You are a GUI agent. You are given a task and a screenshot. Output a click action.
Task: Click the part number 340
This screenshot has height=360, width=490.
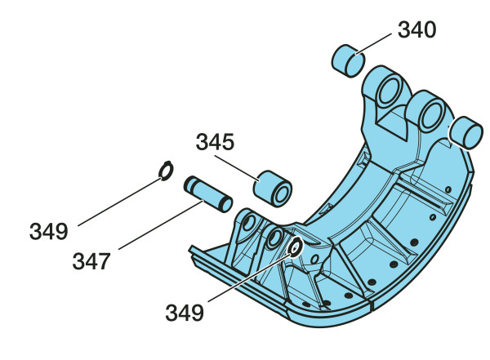coord(416,29)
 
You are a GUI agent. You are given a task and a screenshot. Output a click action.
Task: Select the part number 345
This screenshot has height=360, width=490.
coord(215,141)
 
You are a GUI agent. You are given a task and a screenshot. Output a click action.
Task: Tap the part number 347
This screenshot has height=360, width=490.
coord(91,261)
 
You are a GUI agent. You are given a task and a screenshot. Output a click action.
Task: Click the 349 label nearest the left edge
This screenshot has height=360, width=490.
coord(48,231)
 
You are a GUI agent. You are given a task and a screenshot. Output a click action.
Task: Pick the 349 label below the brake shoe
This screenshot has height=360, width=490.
coord(185,313)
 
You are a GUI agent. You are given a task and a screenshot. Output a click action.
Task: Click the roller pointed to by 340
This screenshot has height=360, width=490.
coord(348,60)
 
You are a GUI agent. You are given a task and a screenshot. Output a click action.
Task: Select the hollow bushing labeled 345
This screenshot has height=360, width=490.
coord(273,189)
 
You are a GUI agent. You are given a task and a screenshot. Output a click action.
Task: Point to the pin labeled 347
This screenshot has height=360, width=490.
coord(207,194)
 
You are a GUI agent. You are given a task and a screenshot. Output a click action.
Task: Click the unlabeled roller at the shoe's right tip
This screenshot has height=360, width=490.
coord(466,132)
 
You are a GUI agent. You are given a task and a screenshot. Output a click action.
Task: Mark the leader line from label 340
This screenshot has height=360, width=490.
coord(373,44)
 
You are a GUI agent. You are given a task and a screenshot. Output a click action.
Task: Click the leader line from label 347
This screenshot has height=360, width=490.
coord(161,225)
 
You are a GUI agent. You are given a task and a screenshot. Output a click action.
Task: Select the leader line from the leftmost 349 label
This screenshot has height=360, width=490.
coord(120,202)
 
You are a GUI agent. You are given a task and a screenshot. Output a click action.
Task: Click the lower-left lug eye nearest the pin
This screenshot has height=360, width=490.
coord(249,223)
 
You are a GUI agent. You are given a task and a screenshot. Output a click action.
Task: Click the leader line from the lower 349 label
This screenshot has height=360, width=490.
coord(250,278)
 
